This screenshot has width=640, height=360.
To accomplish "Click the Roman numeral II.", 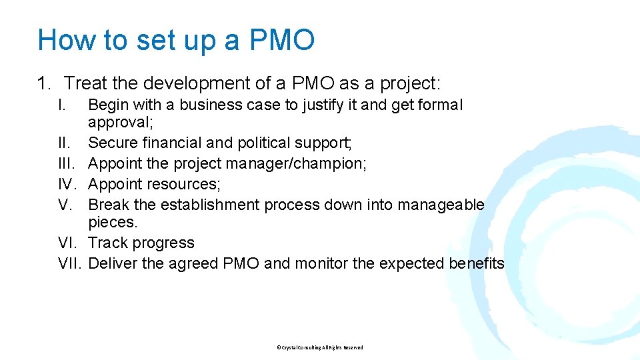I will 64,143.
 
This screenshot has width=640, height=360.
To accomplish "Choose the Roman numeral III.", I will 66,163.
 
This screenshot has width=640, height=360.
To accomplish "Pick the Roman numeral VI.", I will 69,243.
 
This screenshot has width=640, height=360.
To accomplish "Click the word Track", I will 107,243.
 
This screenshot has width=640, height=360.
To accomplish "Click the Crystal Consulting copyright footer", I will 320,347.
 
